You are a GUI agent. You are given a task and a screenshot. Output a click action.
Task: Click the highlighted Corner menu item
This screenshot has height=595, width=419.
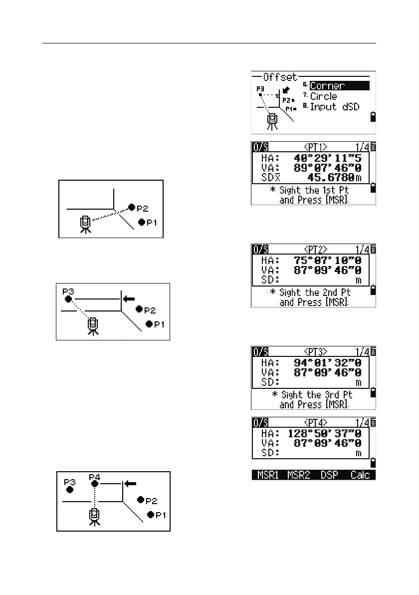[x=339, y=85]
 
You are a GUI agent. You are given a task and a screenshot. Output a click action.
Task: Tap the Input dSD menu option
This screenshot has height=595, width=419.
[x=334, y=107]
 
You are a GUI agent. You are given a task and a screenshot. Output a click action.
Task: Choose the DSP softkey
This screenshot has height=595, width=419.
[x=329, y=475]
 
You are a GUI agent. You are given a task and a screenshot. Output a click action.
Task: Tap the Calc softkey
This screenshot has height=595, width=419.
[x=360, y=475]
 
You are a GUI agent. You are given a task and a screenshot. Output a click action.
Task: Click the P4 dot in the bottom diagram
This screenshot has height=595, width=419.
[x=94, y=483]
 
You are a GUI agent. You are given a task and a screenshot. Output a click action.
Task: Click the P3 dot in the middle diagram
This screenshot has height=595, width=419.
[x=69, y=299]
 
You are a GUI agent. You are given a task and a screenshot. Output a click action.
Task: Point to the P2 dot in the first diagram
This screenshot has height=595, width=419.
[x=131, y=207]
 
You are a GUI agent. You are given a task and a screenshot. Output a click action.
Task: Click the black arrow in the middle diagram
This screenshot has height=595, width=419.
[x=129, y=298]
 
